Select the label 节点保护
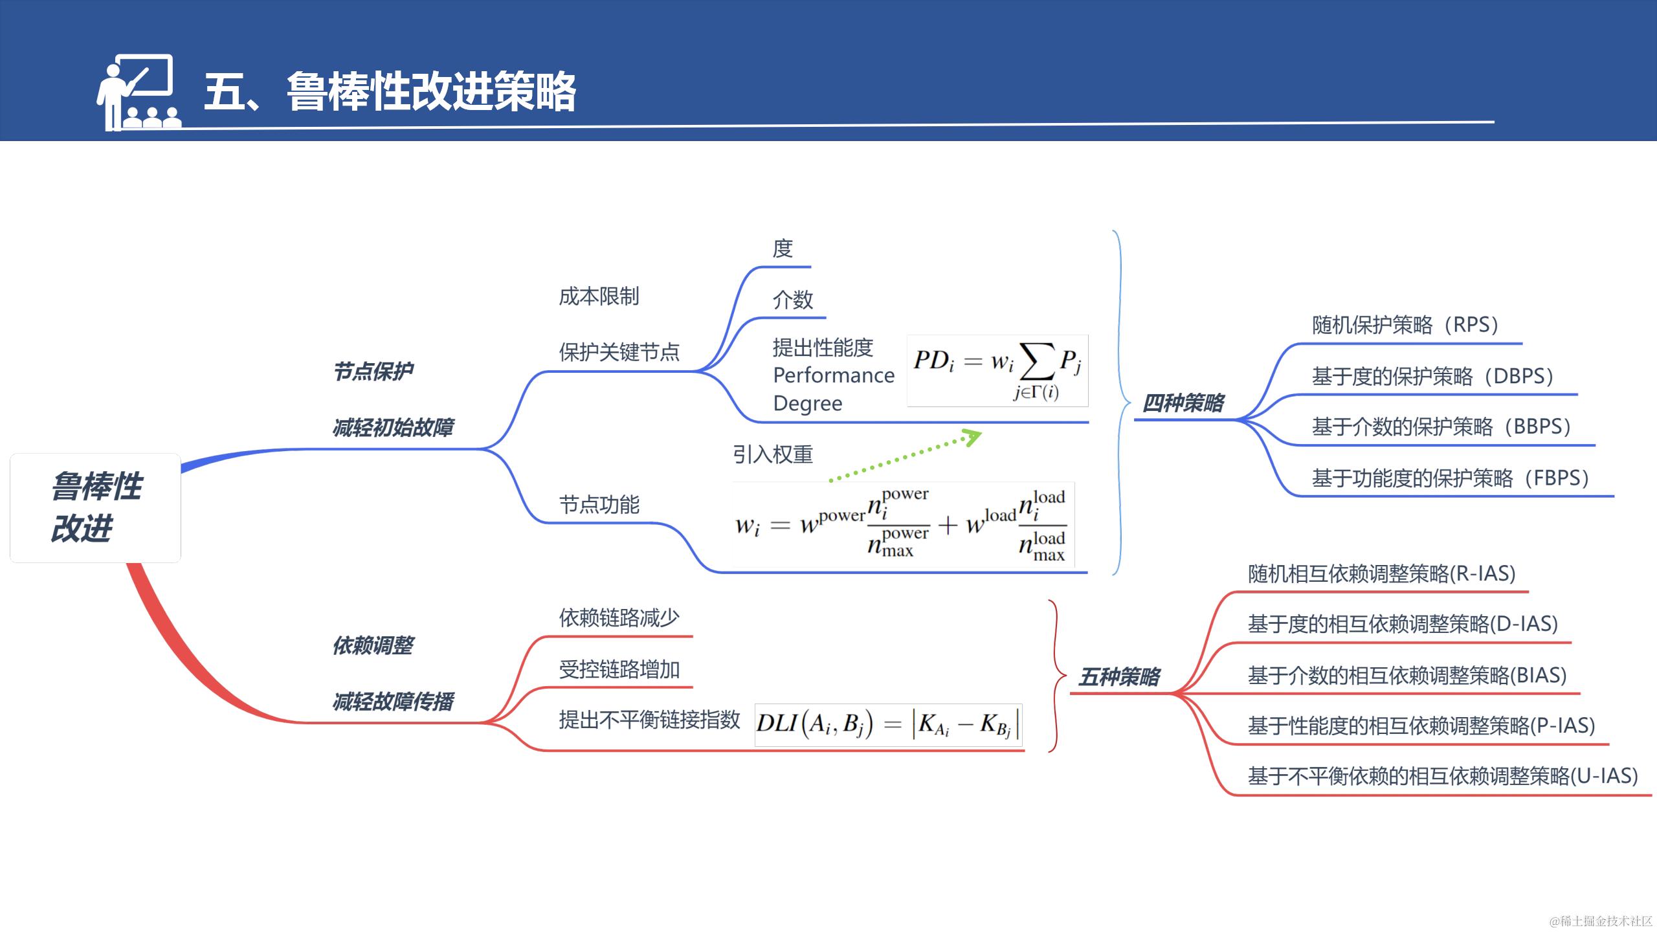click(373, 372)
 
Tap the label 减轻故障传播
click(393, 702)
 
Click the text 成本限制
click(599, 296)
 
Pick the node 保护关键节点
click(619, 352)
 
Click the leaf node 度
click(783, 249)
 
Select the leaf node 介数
click(793, 300)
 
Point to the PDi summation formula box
click(997, 371)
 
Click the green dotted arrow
click(906, 456)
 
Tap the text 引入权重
click(772, 454)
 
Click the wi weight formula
click(903, 525)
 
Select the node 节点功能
click(599, 505)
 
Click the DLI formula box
click(888, 724)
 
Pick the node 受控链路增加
click(619, 669)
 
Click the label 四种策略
click(1183, 403)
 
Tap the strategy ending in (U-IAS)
click(1443, 775)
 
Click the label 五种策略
click(1119, 677)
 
